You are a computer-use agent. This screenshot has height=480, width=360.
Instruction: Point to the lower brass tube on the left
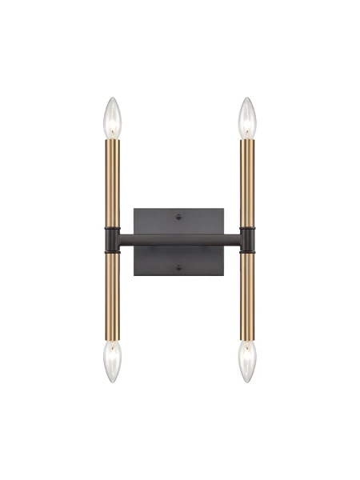pyautogui.click(x=112, y=296)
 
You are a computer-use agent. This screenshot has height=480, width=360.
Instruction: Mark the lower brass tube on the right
pyautogui.click(x=247, y=296)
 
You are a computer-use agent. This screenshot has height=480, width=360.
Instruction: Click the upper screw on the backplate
pyautogui.click(x=179, y=215)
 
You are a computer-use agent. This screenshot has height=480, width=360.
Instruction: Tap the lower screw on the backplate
pyautogui.click(x=179, y=266)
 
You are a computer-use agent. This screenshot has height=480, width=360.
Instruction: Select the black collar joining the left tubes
pyautogui.click(x=112, y=239)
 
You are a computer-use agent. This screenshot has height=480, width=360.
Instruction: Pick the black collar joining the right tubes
pyautogui.click(x=247, y=239)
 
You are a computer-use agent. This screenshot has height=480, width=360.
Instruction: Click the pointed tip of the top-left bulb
pyautogui.click(x=112, y=99)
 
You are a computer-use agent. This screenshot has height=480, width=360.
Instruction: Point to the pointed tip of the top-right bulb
pyautogui.click(x=247, y=99)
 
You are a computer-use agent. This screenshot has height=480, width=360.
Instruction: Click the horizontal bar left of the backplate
pyautogui.click(x=126, y=239)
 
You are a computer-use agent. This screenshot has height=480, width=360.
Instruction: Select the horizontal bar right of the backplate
pyautogui.click(x=232, y=239)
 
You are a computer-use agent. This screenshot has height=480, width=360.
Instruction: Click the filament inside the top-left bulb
pyautogui.click(x=112, y=126)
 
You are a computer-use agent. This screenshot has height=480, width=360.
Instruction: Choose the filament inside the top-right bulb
pyautogui.click(x=247, y=126)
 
